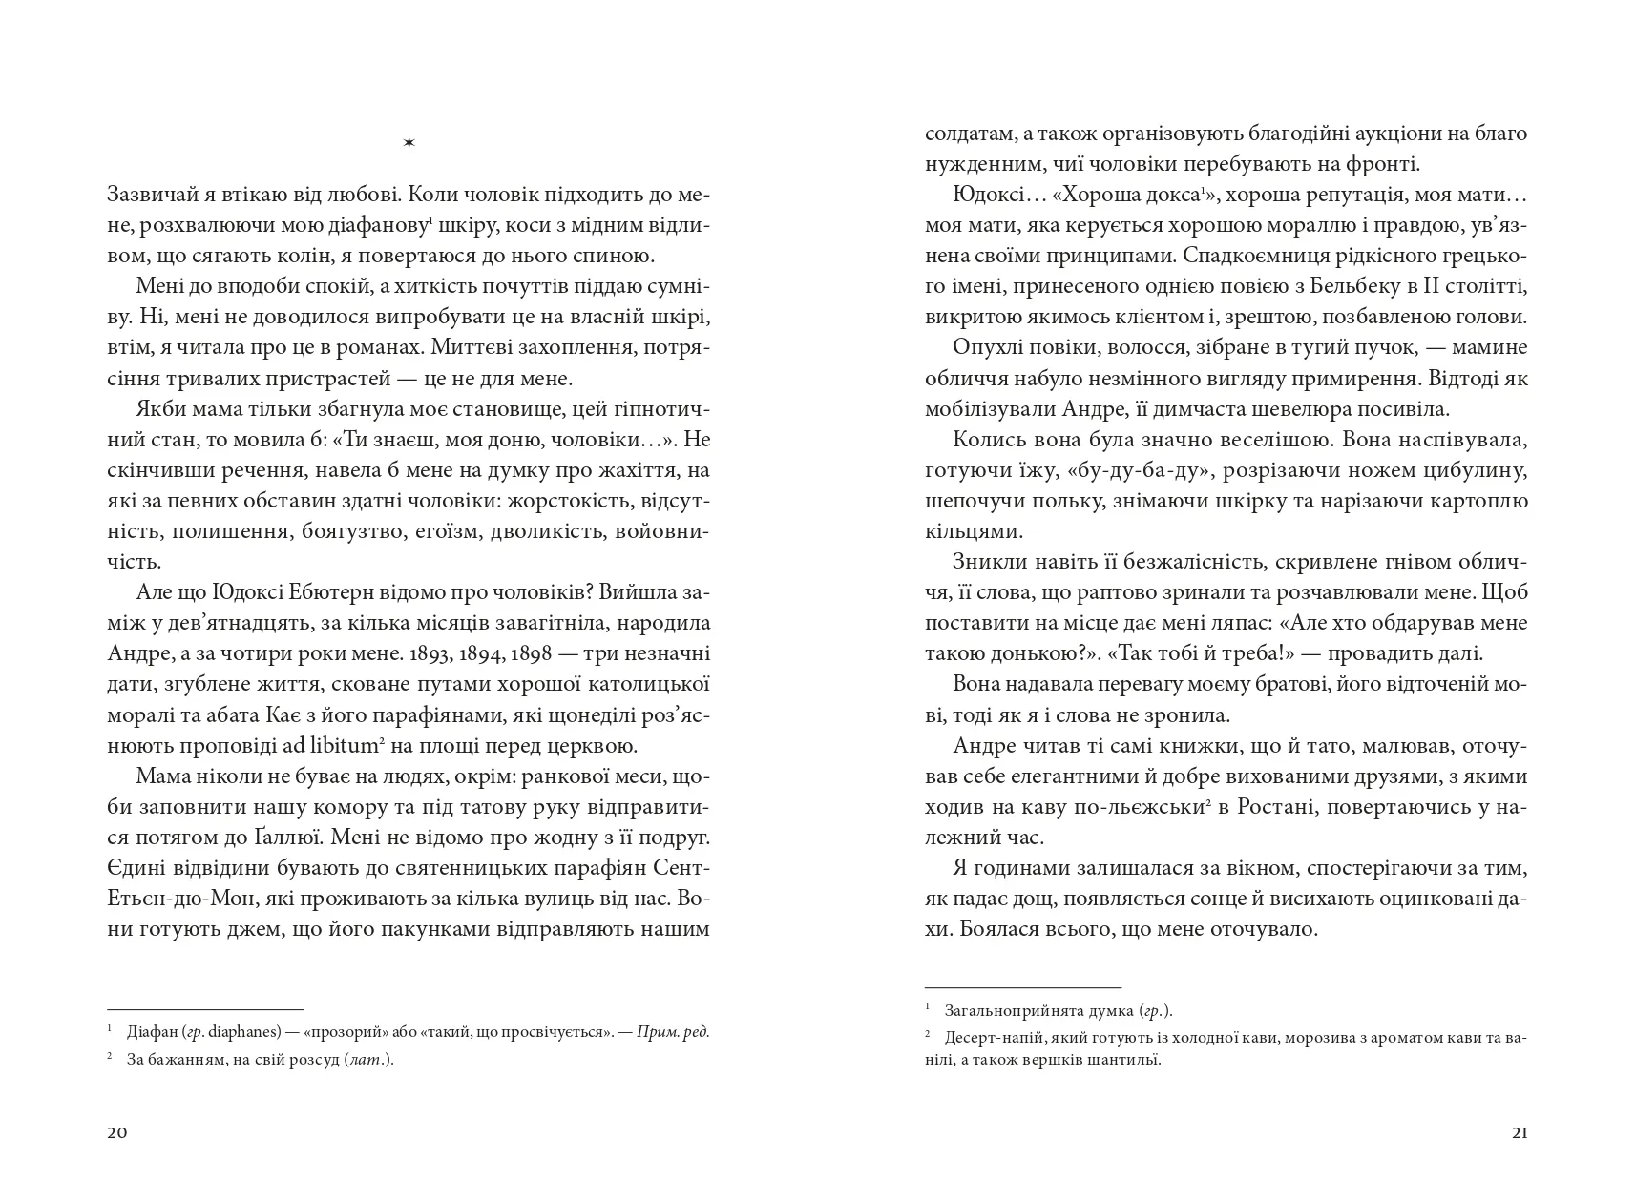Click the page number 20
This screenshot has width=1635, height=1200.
pos(117,1133)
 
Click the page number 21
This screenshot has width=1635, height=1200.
pos(1520,1133)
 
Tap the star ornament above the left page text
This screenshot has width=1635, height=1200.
pos(409,143)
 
